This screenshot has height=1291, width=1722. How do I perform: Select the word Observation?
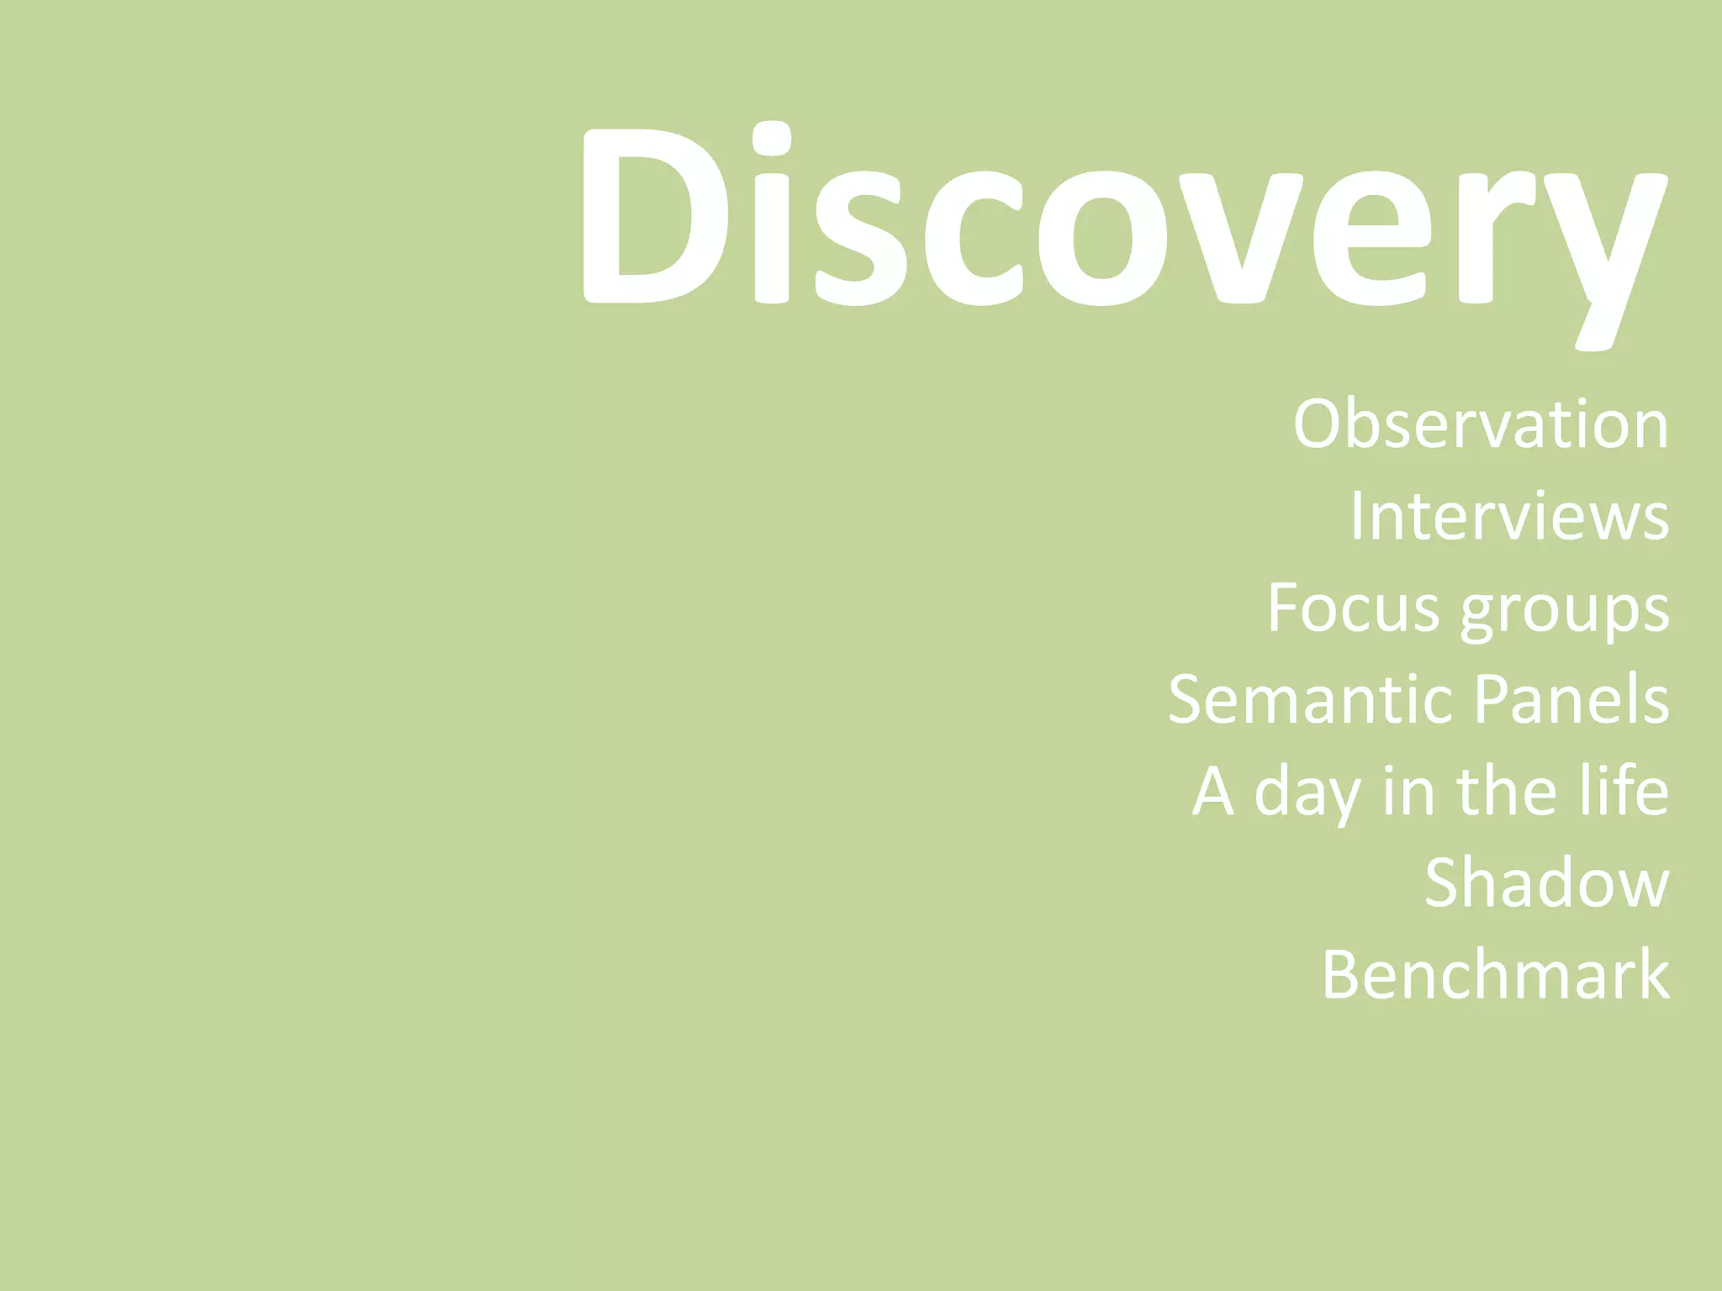click(1481, 424)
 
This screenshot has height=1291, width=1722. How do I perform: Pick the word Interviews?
click(1509, 515)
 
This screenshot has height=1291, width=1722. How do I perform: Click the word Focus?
click(1353, 607)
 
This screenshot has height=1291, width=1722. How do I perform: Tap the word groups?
click(1564, 612)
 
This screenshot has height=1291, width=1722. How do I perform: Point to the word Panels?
click(1571, 698)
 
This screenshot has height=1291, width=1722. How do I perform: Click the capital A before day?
click(1213, 791)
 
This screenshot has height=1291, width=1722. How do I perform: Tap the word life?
click(1623, 790)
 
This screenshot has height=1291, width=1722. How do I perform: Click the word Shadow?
click(1546, 883)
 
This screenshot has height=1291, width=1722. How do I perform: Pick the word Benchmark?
click(1495, 974)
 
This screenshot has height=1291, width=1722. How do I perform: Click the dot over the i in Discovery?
click(771, 139)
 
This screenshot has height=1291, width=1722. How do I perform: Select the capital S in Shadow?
click(1445, 883)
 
